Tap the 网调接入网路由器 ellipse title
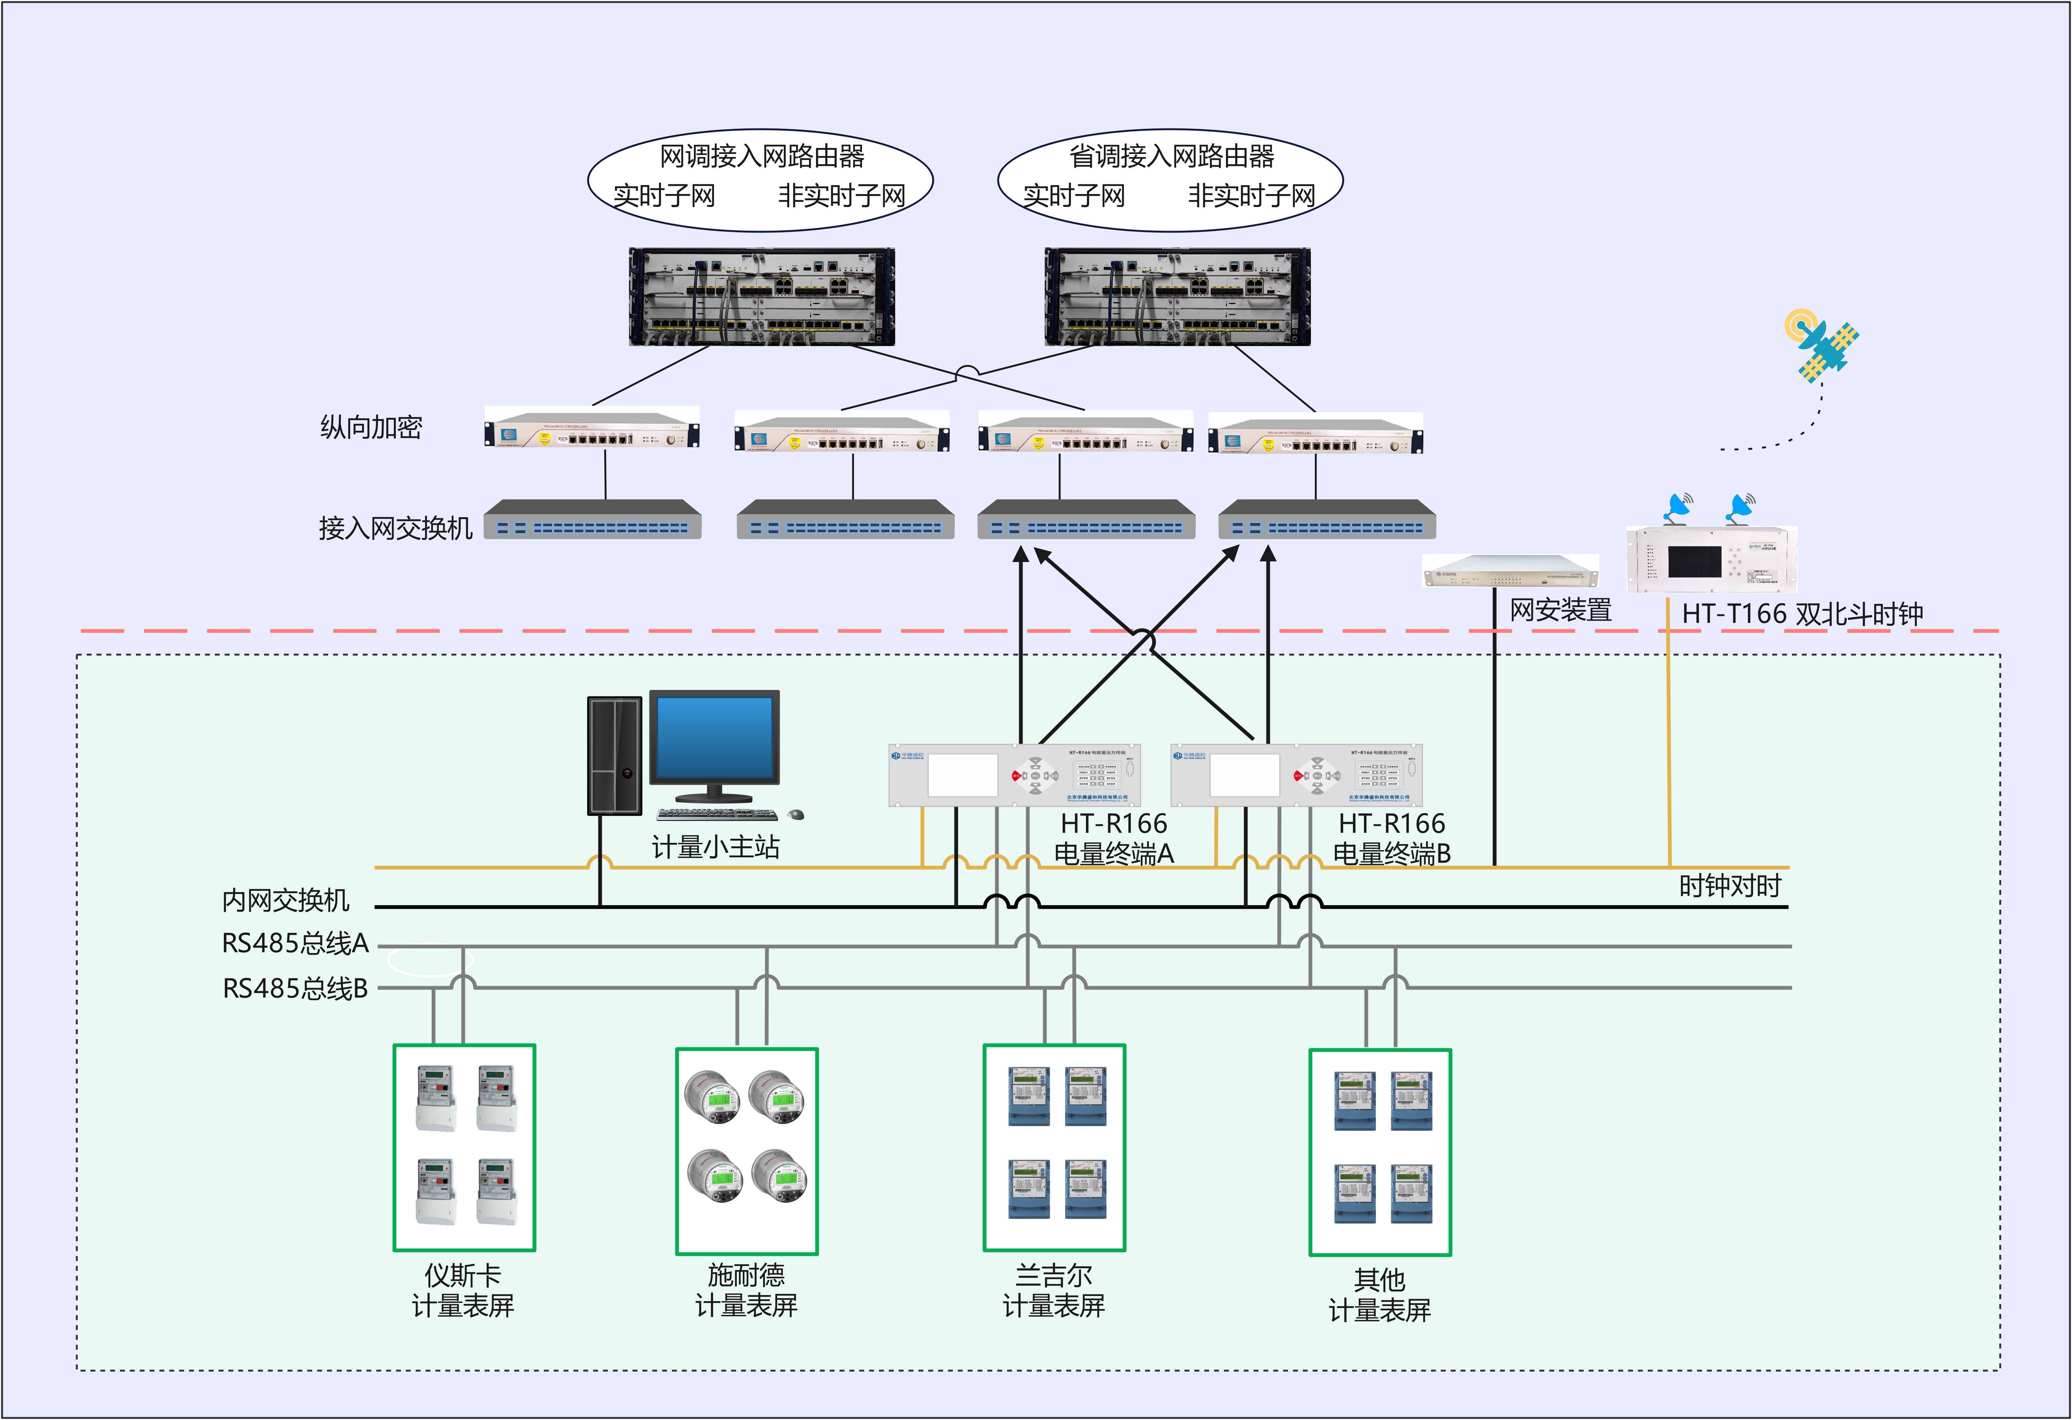(761, 156)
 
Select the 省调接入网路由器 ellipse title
(1171, 156)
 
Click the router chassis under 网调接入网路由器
(761, 297)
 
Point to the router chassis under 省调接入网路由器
(1177, 297)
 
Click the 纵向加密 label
(371, 427)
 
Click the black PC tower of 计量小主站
(614, 755)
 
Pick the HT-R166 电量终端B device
(1295, 775)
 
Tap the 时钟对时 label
(1730, 886)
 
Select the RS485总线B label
(295, 988)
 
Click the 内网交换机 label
(285, 900)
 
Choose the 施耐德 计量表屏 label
(746, 1290)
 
